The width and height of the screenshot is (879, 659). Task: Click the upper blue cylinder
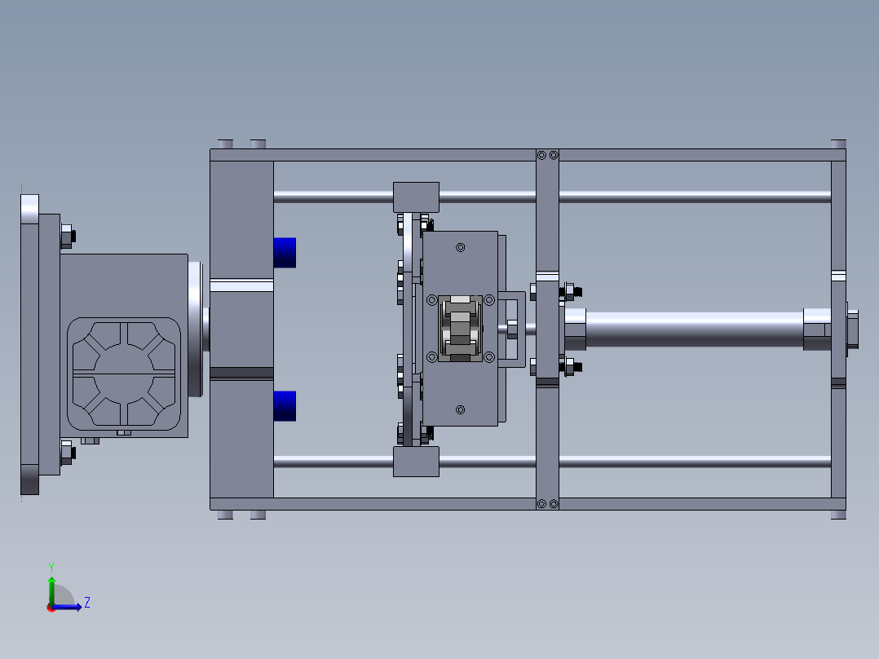[284, 252]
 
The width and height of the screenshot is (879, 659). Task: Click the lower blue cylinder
[284, 405]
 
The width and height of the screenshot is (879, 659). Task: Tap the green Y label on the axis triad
[51, 566]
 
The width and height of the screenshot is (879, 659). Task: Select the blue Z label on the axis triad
[86, 603]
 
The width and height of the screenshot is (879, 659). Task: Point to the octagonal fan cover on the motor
[125, 373]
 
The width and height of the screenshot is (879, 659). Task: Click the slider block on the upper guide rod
[416, 197]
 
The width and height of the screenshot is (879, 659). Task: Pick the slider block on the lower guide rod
[416, 462]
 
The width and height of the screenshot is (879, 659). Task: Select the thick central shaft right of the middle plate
[693, 329]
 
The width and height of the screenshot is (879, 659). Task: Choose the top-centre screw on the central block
[461, 247]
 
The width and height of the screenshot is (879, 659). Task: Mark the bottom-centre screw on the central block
[461, 409]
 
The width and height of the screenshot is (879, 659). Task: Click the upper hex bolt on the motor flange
[67, 237]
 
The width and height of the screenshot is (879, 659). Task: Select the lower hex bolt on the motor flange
[67, 452]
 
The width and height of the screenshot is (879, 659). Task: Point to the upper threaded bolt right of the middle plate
[571, 290]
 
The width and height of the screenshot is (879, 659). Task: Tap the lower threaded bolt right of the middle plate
[571, 367]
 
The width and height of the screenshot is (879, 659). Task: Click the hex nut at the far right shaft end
[851, 329]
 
